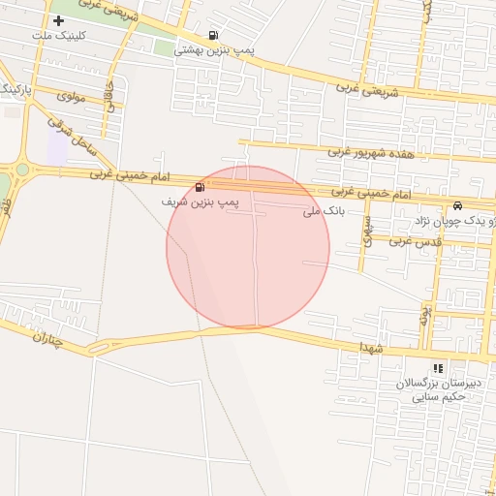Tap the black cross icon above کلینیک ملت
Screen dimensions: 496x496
pos(58,20)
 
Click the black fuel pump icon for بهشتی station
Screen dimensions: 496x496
pos(214,36)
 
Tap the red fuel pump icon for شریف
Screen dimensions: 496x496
pos(200,187)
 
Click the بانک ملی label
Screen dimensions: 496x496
pos(324,210)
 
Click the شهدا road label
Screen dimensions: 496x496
pos(372,346)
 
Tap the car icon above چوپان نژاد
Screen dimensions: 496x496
pos(456,207)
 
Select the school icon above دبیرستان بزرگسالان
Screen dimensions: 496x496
pos(439,368)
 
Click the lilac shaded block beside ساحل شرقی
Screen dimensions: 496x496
pos(57,148)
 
